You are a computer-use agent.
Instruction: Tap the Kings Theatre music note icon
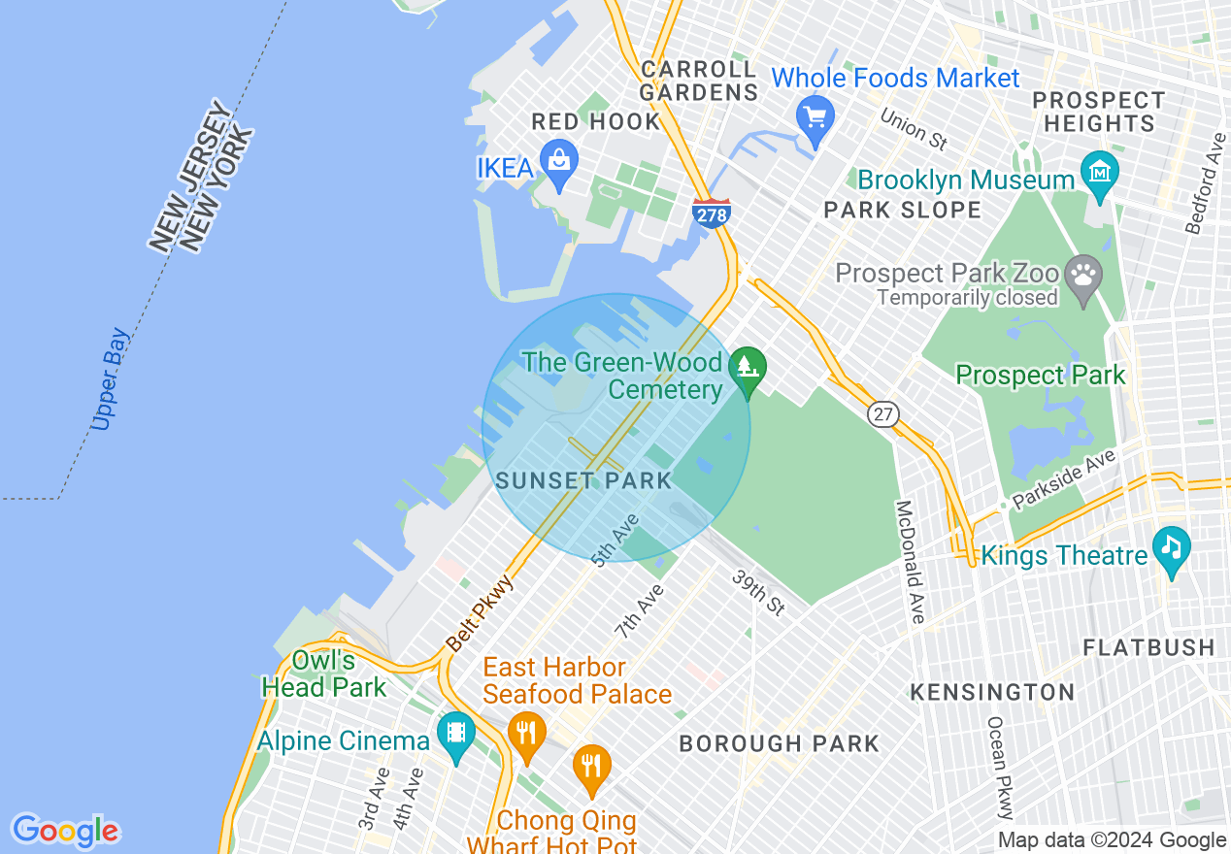(x=1172, y=549)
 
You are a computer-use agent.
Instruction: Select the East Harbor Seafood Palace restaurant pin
(x=527, y=734)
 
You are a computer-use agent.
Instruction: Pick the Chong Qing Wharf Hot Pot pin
(x=591, y=767)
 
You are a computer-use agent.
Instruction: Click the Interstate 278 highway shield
(x=712, y=213)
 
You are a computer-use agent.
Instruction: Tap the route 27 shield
(x=882, y=414)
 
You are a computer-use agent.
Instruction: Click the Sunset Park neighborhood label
(x=583, y=480)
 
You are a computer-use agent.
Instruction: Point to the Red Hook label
(x=595, y=122)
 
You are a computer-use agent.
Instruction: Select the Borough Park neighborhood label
(x=779, y=744)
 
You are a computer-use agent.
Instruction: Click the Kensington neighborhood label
(x=992, y=692)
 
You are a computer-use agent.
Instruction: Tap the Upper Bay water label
(x=110, y=379)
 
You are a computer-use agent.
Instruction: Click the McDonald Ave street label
(x=911, y=562)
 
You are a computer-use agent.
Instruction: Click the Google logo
(x=65, y=831)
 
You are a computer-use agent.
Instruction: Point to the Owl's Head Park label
(x=324, y=674)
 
